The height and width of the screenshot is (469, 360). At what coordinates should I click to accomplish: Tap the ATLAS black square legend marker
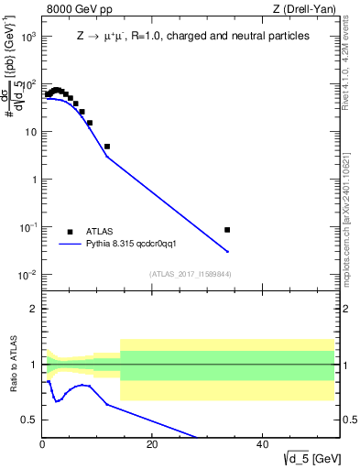(x=70, y=232)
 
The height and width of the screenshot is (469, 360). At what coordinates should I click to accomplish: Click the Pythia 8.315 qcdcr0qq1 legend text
(x=136, y=245)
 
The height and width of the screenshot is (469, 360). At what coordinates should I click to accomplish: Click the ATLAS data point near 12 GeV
(x=107, y=147)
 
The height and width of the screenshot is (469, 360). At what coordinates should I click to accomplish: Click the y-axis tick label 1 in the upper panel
(x=34, y=180)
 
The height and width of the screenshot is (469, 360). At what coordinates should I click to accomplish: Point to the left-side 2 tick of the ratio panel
(x=35, y=309)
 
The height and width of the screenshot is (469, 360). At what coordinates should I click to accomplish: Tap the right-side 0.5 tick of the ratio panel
(x=348, y=420)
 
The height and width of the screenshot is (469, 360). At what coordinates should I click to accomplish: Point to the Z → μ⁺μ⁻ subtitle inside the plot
(x=192, y=37)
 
